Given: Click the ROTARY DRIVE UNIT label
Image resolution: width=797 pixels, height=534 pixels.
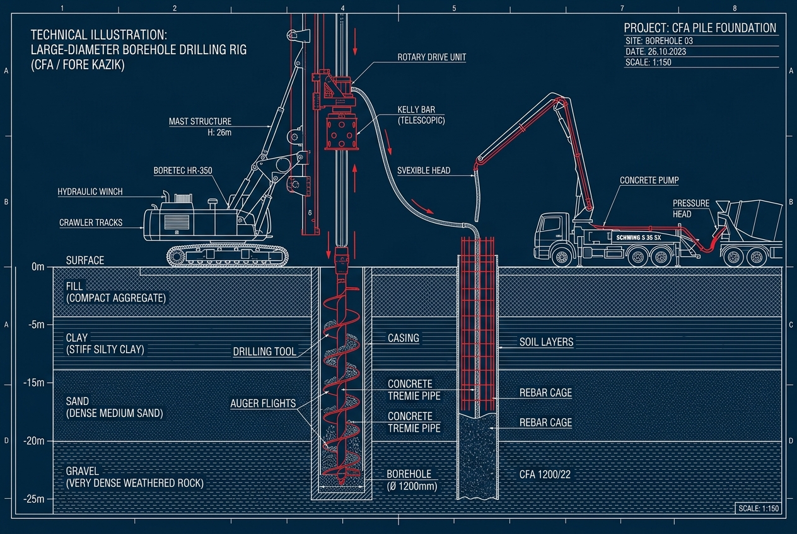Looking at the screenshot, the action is pos(431,57).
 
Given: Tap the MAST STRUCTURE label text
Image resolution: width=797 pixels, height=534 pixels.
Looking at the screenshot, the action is pos(200,122).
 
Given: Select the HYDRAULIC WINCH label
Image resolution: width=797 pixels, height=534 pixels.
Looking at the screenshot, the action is pos(90,192).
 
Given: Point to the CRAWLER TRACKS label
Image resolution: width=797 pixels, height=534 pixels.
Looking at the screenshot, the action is pos(91,223).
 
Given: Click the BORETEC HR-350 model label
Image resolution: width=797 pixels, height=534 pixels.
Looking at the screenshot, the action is pos(183,171).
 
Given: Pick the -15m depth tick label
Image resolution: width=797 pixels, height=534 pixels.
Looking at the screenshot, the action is pos(34,383).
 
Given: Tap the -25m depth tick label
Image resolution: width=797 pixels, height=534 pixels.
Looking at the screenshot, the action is pos(34,499).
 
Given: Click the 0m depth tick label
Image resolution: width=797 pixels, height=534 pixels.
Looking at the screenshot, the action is pos(38,267).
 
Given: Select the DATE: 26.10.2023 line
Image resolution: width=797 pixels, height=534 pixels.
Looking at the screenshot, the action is pos(656,52).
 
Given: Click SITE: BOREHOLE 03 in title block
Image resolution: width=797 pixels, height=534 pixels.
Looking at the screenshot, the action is pos(660,41).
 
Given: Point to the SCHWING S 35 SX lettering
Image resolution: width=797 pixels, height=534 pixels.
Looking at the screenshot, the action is pos(638,237).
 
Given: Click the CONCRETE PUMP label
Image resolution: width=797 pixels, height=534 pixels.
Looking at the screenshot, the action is pos(649,180).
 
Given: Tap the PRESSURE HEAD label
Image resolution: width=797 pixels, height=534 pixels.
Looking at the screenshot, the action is pos(690,208).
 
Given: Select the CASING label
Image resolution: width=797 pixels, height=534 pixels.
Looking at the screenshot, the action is pos(403,338).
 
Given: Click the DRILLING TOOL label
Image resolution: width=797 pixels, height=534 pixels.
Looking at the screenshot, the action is pos(264,352).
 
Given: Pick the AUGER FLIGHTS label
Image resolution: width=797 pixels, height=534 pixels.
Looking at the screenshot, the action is pos(263,403).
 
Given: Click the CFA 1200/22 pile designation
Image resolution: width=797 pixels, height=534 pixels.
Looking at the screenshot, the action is pos(545,474).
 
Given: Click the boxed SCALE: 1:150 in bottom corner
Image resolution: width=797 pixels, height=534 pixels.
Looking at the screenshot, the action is pos(759,508).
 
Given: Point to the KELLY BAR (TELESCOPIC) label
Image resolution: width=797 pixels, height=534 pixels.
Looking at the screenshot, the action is pos(421,115).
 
